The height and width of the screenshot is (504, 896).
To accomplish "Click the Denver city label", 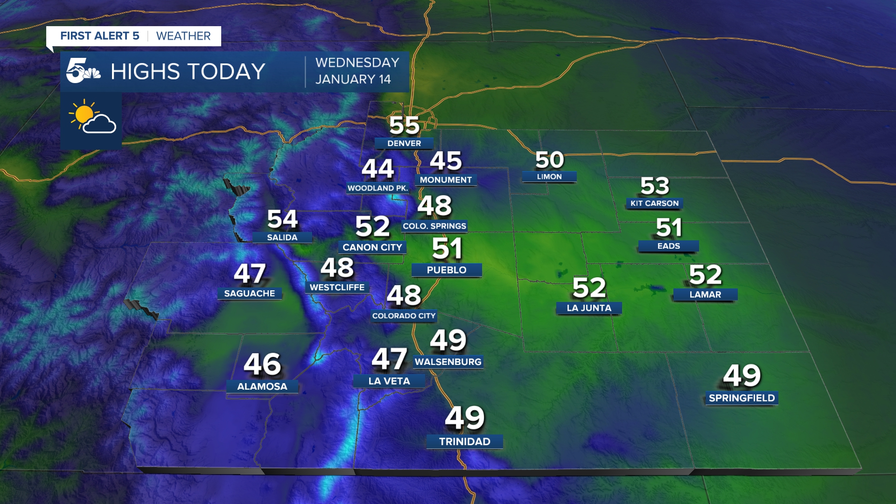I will [404, 143].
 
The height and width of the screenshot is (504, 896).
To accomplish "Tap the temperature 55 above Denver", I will [404, 125].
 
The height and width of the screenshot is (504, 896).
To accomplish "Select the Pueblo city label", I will [447, 270].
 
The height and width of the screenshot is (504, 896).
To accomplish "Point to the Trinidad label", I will [465, 441].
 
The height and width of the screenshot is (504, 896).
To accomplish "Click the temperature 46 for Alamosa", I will [262, 364].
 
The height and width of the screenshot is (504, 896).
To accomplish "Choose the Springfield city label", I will [742, 398].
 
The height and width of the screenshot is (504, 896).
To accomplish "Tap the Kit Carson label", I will [654, 203].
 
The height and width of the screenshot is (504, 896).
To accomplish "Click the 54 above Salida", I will [282, 219].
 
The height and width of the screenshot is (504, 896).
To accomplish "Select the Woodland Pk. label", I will [378, 188].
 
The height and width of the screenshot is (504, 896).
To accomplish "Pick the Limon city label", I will [549, 177].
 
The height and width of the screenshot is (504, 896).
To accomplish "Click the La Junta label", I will [589, 308].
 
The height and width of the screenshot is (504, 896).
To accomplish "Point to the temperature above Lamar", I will [705, 274].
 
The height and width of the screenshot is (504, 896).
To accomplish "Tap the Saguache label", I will [250, 294].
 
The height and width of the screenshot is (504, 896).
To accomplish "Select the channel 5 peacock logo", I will [83, 71].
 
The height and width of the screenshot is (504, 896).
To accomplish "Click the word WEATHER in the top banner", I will [183, 36].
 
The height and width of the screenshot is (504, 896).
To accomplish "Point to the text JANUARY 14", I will [353, 79].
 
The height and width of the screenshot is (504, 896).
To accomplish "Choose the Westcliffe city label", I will [337, 287].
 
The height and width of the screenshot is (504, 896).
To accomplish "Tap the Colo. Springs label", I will [434, 226].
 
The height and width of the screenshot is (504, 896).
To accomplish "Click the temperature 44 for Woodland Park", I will [378, 168].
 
